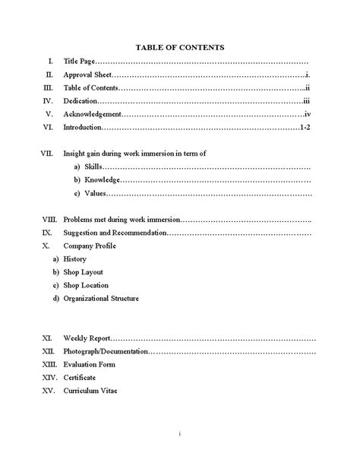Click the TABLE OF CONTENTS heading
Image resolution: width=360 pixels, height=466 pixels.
[179, 47]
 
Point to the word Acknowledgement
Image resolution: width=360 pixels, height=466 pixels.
[93, 113]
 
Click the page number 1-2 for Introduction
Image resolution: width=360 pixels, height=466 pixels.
[304, 127]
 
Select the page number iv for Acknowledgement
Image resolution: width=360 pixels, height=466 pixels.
[307, 113]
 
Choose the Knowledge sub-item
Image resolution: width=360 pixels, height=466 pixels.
[101, 180]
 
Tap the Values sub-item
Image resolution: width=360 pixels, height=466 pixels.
[95, 193]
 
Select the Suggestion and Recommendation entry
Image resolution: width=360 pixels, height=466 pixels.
[114, 232]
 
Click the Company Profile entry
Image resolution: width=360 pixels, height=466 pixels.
[90, 246]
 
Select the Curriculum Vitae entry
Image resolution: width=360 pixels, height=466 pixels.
[90, 391]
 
